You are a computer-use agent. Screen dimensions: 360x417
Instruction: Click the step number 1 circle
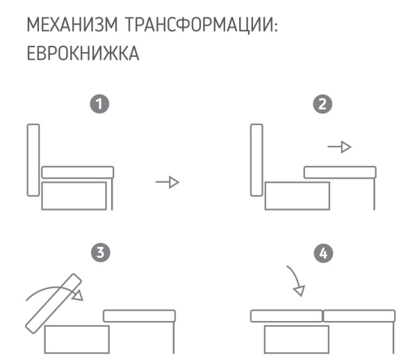(x=101, y=105)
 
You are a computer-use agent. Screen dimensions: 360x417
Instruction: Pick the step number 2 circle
(x=322, y=105)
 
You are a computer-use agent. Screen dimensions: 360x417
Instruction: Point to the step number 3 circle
(x=101, y=253)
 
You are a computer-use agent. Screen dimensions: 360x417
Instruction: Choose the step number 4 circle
(x=322, y=253)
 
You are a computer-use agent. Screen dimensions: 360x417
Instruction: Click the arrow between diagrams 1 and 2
(x=167, y=182)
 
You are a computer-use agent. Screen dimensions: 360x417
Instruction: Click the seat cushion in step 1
(x=77, y=172)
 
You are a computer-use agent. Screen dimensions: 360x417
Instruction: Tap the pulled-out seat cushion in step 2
(x=340, y=172)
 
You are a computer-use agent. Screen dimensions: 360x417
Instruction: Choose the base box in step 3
(x=76, y=340)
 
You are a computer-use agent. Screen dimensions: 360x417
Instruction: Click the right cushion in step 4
(x=360, y=316)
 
